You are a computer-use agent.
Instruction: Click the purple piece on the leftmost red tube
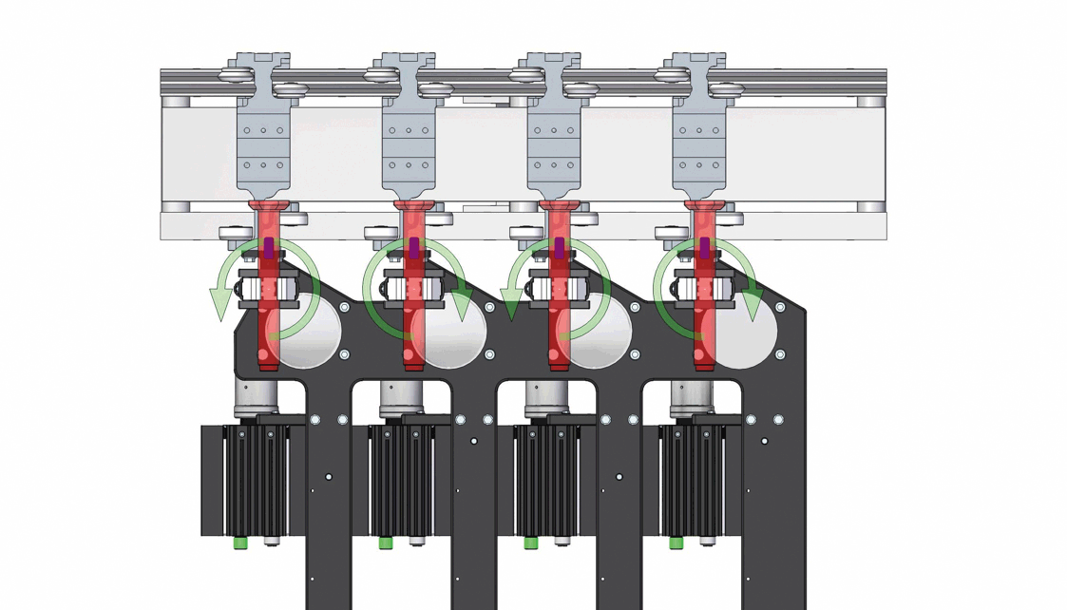point(269,249)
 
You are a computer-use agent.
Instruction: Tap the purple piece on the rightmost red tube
point(704,249)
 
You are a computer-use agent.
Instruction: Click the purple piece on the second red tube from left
point(414,249)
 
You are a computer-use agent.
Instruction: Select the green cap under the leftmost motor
point(240,543)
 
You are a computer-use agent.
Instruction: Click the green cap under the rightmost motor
point(676,543)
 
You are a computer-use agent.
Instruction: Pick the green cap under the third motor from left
point(531,543)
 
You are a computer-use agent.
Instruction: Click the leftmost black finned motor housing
point(255,480)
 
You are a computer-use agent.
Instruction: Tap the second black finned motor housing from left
point(400,480)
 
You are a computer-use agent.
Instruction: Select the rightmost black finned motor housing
point(691,480)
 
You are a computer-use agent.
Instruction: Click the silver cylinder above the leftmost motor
point(255,397)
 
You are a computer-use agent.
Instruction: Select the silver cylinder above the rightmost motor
point(691,397)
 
